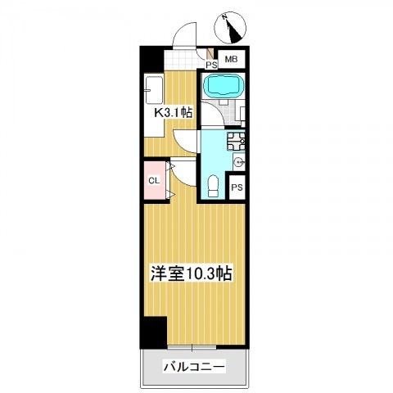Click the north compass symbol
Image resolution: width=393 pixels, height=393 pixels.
point(230,28)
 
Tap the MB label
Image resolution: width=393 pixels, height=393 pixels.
point(231,59)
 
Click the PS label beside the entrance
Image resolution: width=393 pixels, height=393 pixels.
point(211,65)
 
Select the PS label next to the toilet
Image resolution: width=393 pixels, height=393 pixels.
point(237,187)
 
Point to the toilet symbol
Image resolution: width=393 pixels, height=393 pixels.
point(213,186)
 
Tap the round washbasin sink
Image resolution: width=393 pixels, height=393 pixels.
point(240,163)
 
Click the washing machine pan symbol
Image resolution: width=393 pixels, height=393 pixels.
point(236,141)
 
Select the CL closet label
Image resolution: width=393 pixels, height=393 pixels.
point(154,180)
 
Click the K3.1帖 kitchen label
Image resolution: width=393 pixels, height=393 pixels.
point(174,112)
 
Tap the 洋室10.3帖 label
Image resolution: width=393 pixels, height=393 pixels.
point(192,273)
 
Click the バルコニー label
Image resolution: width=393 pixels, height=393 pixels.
point(194,367)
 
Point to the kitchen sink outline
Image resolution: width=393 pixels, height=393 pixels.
point(154,90)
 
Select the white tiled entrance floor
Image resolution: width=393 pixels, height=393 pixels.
point(181,60)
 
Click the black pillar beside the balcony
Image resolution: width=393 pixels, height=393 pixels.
point(154,332)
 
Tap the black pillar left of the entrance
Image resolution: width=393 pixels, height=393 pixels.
point(151,59)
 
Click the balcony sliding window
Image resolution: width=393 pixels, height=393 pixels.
point(192,347)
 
